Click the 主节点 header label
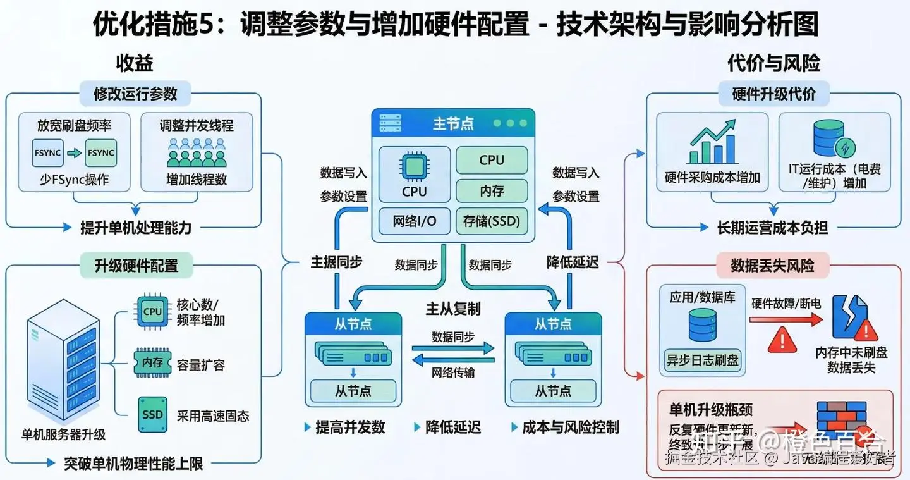[x=453, y=123]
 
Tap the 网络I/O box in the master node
[x=415, y=221]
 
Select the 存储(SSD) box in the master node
[x=491, y=221]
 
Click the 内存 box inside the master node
[x=491, y=190]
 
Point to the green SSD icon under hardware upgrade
[x=152, y=414]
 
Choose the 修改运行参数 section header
[x=135, y=94]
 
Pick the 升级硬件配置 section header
[x=136, y=266]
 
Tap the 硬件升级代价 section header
[x=773, y=94]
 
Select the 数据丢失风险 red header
[x=772, y=266]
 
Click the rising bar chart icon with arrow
[x=712, y=145]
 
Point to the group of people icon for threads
[x=196, y=152]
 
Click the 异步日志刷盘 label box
[x=702, y=360]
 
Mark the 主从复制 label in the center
[x=453, y=309]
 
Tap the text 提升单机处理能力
[x=135, y=227]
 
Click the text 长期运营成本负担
[x=772, y=227]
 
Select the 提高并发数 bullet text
[x=350, y=427]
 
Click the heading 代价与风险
[x=773, y=63]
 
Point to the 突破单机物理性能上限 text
[x=133, y=464]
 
